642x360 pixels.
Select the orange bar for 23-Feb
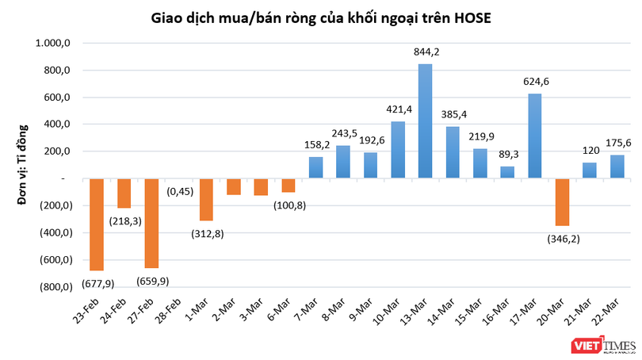coord(97,224)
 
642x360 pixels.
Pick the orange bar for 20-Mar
coord(562,202)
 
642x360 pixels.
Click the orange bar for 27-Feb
coord(151,223)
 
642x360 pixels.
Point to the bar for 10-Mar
coord(398,150)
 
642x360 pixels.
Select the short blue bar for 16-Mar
coord(507,172)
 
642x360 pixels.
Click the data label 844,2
coord(426,52)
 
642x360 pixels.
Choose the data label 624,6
coord(535,81)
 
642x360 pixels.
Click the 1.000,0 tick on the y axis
coord(53,44)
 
